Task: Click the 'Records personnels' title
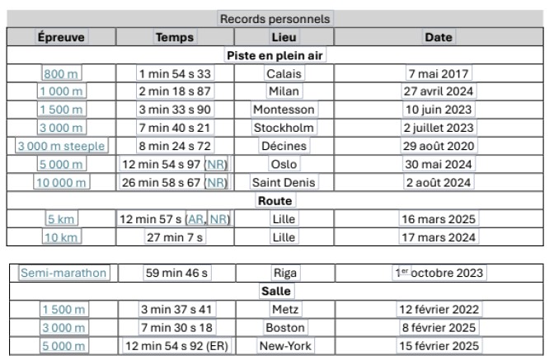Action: click(276, 18)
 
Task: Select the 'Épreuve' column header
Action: click(61, 37)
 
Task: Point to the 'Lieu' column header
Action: click(284, 37)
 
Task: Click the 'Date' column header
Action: click(438, 37)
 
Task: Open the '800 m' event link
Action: click(61, 73)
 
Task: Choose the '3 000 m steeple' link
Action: click(61, 146)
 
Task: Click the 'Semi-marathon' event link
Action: click(63, 273)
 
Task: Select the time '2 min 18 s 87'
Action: click(175, 91)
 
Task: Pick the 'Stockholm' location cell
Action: click(284, 128)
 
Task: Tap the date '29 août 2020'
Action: click(439, 146)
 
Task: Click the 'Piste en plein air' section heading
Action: click(276, 55)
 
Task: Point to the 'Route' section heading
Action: click(276, 200)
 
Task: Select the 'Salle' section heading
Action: click(276, 291)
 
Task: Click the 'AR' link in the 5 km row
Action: click(195, 218)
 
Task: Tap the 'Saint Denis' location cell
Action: click(284, 182)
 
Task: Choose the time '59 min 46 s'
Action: click(175, 273)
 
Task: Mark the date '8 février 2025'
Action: click(439, 328)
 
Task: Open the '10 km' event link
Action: click(61, 237)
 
